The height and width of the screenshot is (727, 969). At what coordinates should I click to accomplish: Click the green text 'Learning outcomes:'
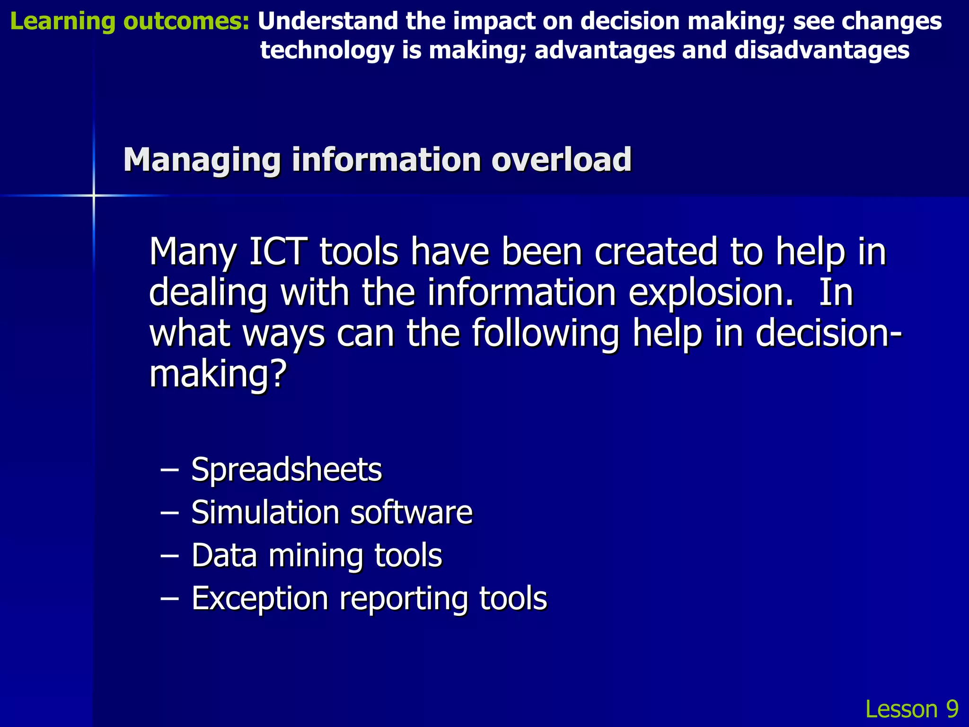pyautogui.click(x=129, y=22)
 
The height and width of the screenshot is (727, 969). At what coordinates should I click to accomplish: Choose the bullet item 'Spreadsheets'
pyautogui.click(x=286, y=470)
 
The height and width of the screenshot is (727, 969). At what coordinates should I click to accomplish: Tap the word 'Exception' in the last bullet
pyautogui.click(x=260, y=598)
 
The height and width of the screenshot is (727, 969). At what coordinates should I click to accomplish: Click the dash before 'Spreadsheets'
pyautogui.click(x=169, y=470)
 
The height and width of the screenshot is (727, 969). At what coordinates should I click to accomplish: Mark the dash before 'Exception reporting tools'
pyautogui.click(x=169, y=599)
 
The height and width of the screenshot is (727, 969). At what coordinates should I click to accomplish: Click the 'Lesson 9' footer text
pyautogui.click(x=911, y=709)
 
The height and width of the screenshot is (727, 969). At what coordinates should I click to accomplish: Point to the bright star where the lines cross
pyautogui.click(x=94, y=195)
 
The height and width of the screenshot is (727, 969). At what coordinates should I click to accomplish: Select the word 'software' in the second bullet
pyautogui.click(x=412, y=512)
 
